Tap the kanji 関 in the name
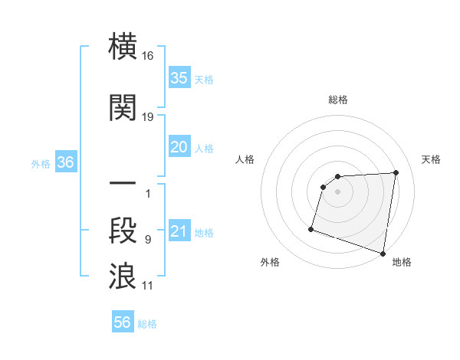(x=123, y=106)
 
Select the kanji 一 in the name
(x=123, y=185)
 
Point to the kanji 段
(x=123, y=231)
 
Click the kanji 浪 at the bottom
(x=123, y=276)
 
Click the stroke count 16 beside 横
(x=148, y=57)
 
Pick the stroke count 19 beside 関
(x=148, y=116)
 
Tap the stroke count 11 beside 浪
(x=148, y=285)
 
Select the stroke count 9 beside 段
(x=148, y=240)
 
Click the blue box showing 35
(x=179, y=77)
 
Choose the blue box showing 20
(x=179, y=148)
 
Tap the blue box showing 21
(x=179, y=232)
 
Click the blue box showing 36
(x=65, y=162)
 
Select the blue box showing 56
(x=122, y=323)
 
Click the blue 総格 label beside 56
(x=147, y=324)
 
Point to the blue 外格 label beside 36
(x=41, y=163)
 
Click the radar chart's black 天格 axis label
(x=431, y=159)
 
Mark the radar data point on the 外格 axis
(x=311, y=228)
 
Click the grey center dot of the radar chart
(x=337, y=192)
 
